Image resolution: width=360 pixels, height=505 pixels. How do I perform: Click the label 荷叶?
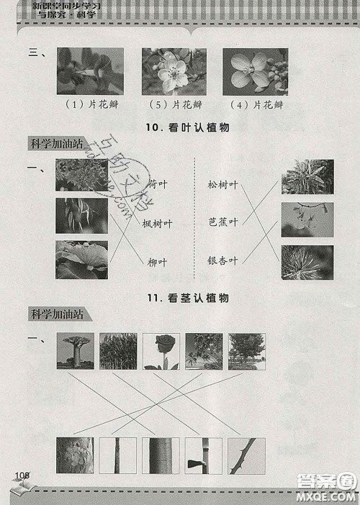click(158, 183)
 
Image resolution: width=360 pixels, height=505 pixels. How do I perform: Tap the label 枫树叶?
click(158, 224)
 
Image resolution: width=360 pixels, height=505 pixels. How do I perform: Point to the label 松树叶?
click(222, 185)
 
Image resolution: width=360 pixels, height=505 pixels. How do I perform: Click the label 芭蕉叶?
click(222, 222)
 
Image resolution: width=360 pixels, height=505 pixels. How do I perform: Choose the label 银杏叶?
click(222, 260)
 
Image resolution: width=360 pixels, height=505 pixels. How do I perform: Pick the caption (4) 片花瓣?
click(256, 104)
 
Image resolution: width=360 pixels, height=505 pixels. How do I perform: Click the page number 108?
click(21, 475)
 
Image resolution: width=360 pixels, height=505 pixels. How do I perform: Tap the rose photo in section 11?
click(161, 351)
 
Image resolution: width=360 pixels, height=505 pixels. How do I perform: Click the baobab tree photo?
click(74, 351)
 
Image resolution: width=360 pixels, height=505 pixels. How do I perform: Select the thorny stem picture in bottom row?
click(247, 455)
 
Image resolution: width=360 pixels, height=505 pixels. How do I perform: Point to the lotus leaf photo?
click(81, 260)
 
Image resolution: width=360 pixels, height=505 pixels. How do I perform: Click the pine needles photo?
click(307, 263)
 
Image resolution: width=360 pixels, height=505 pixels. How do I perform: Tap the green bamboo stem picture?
click(161, 455)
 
